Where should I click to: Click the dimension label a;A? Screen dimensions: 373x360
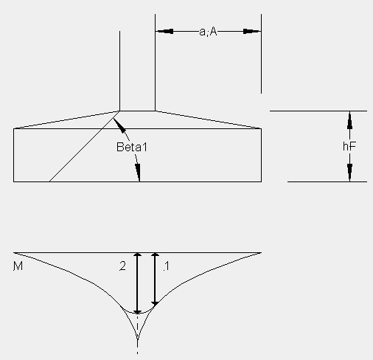pos(208,32)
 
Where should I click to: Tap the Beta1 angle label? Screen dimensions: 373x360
pos(132,147)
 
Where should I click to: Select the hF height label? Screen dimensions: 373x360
pos(349,146)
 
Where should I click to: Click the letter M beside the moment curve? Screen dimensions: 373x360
pos(18,266)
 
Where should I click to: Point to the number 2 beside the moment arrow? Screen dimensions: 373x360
pos(122,266)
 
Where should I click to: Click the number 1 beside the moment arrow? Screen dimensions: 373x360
pos(167,266)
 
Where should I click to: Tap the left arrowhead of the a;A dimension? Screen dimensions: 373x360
pos(164,32)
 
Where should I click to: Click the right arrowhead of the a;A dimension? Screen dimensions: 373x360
pos(252,32)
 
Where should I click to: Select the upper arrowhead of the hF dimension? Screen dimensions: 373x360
pos(349,120)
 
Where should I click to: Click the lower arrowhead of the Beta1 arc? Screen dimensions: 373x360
pos(138,172)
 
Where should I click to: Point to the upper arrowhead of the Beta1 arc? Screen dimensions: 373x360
pos(119,125)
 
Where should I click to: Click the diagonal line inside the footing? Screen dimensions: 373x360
pos(84,147)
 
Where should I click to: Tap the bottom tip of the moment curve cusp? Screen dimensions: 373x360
pos(137,340)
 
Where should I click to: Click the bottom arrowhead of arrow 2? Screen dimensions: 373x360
pos(137,312)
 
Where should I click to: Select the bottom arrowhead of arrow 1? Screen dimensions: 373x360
pos(155,304)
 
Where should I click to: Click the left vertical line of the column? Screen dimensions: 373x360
pos(119,71)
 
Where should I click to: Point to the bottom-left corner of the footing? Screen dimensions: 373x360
pos(13,181)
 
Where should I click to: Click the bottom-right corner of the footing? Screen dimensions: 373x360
pos(261,181)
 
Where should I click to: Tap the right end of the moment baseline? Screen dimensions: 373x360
pos(261,252)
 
